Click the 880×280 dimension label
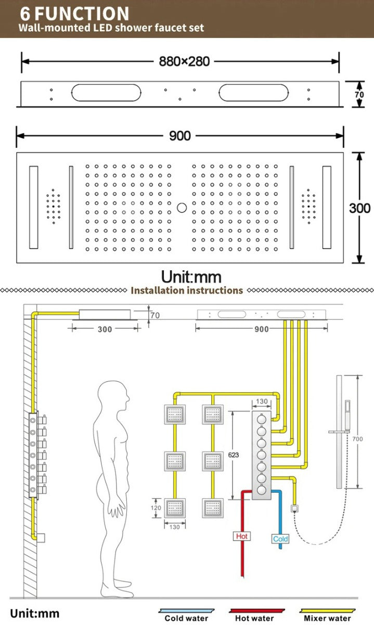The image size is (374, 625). coord(184,61)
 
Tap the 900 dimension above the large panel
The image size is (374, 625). coord(179,136)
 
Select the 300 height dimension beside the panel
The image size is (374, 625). coord(359,208)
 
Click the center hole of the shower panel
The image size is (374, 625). coord(181,208)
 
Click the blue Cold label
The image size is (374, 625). coord(280,539)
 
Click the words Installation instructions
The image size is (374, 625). coord(187,290)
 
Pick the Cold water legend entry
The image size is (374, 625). coord(186,618)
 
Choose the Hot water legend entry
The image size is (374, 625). coord(254,618)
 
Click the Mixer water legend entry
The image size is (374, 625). coord(327,618)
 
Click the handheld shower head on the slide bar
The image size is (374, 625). coord(347,411)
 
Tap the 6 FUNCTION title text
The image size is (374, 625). coord(75,13)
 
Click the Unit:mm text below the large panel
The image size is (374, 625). coord(191,277)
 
